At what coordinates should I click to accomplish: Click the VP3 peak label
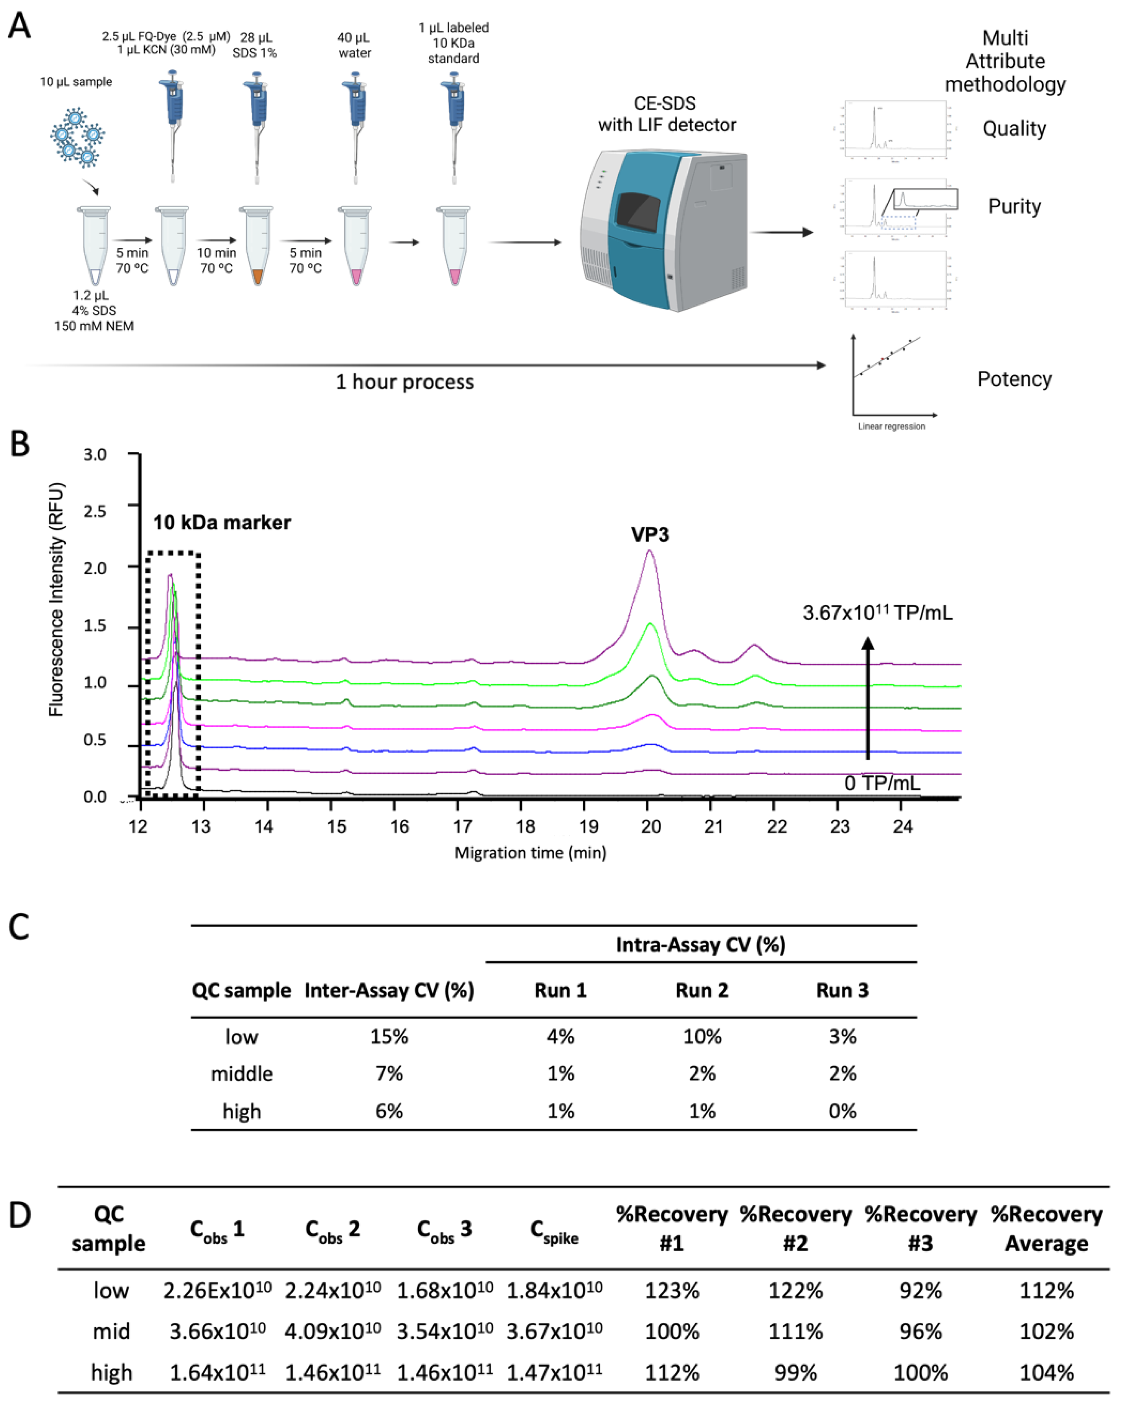click(x=650, y=534)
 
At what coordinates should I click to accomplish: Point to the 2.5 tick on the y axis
click(x=96, y=511)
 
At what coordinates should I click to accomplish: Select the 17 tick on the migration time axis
click(x=463, y=827)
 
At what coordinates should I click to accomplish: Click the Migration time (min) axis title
click(x=530, y=853)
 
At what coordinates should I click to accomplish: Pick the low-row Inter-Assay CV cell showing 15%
click(x=389, y=1037)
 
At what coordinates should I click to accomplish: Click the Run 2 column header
click(x=702, y=990)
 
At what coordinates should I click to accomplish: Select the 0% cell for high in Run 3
click(x=843, y=1111)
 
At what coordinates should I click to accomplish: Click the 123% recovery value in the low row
click(x=672, y=1291)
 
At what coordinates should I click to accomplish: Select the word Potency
click(x=1014, y=379)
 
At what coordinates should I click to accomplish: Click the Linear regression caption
click(x=891, y=426)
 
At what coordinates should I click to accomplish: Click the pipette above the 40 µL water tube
click(x=356, y=124)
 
